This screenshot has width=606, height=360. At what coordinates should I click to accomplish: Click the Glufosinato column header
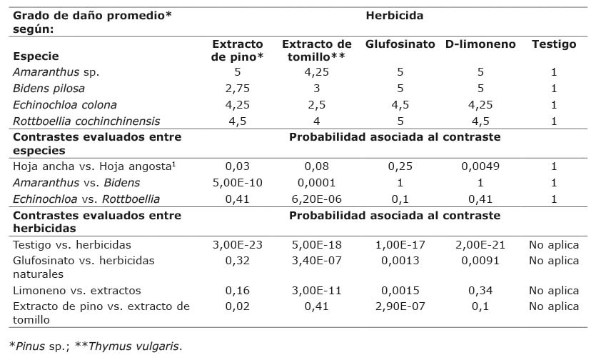click(x=400, y=44)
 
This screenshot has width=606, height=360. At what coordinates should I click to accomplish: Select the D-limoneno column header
click(x=480, y=44)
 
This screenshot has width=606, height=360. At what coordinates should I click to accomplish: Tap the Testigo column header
click(x=553, y=44)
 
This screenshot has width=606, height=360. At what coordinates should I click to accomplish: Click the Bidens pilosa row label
click(x=49, y=89)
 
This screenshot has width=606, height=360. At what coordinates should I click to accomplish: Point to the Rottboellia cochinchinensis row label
click(x=86, y=121)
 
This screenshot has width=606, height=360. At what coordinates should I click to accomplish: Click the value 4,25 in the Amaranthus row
click(x=317, y=72)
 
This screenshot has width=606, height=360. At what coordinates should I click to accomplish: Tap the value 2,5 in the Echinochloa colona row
click(x=317, y=104)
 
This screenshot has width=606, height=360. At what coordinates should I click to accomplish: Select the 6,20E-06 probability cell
click(x=317, y=199)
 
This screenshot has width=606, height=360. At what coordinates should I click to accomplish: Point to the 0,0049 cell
click(x=480, y=166)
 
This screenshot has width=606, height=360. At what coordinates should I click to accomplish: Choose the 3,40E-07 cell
click(x=317, y=261)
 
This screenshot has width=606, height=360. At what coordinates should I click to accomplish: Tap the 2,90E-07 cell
click(x=400, y=306)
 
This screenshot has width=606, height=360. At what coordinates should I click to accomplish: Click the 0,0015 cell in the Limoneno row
click(x=400, y=291)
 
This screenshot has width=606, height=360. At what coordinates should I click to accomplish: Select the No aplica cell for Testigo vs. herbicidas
click(x=553, y=245)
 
